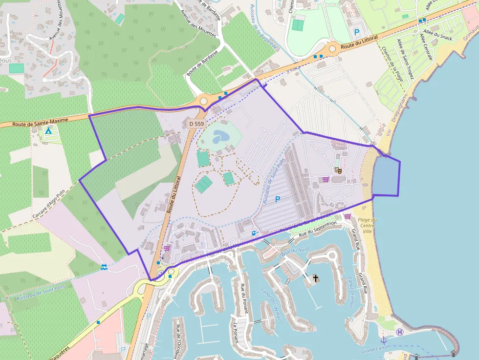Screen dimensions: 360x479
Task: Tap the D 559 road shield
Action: (196, 124)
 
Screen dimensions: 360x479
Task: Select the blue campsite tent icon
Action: (48, 131)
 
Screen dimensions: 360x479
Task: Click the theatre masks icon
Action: (338, 170)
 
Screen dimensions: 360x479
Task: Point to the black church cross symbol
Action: (316, 278)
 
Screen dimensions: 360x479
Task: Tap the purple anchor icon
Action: (384, 339)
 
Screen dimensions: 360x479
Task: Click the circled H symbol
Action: (400, 332)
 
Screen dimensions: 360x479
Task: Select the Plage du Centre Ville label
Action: (367, 225)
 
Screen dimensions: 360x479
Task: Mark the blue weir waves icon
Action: (104, 267)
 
